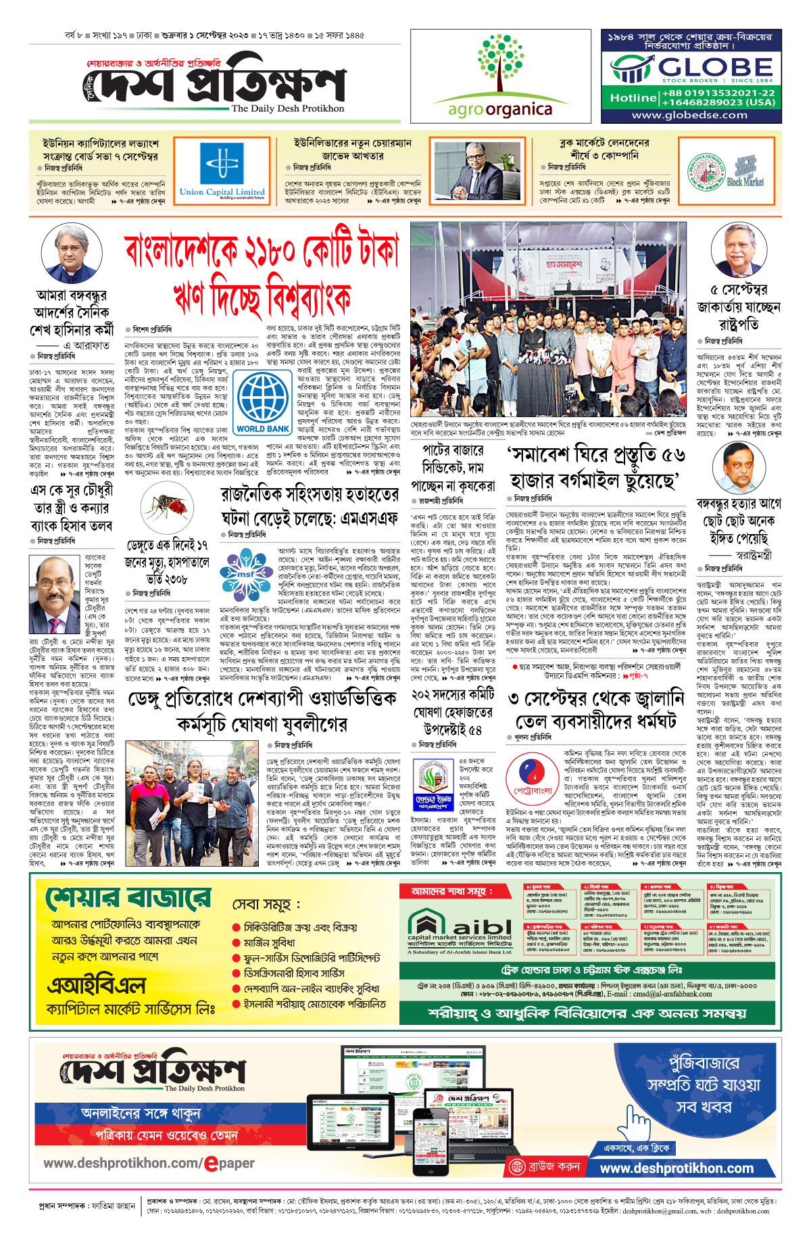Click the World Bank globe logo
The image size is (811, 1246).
263,400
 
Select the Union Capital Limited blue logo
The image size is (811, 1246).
222,169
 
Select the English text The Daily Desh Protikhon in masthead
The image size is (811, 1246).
287,108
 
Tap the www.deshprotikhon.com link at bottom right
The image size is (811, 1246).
677,1169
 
